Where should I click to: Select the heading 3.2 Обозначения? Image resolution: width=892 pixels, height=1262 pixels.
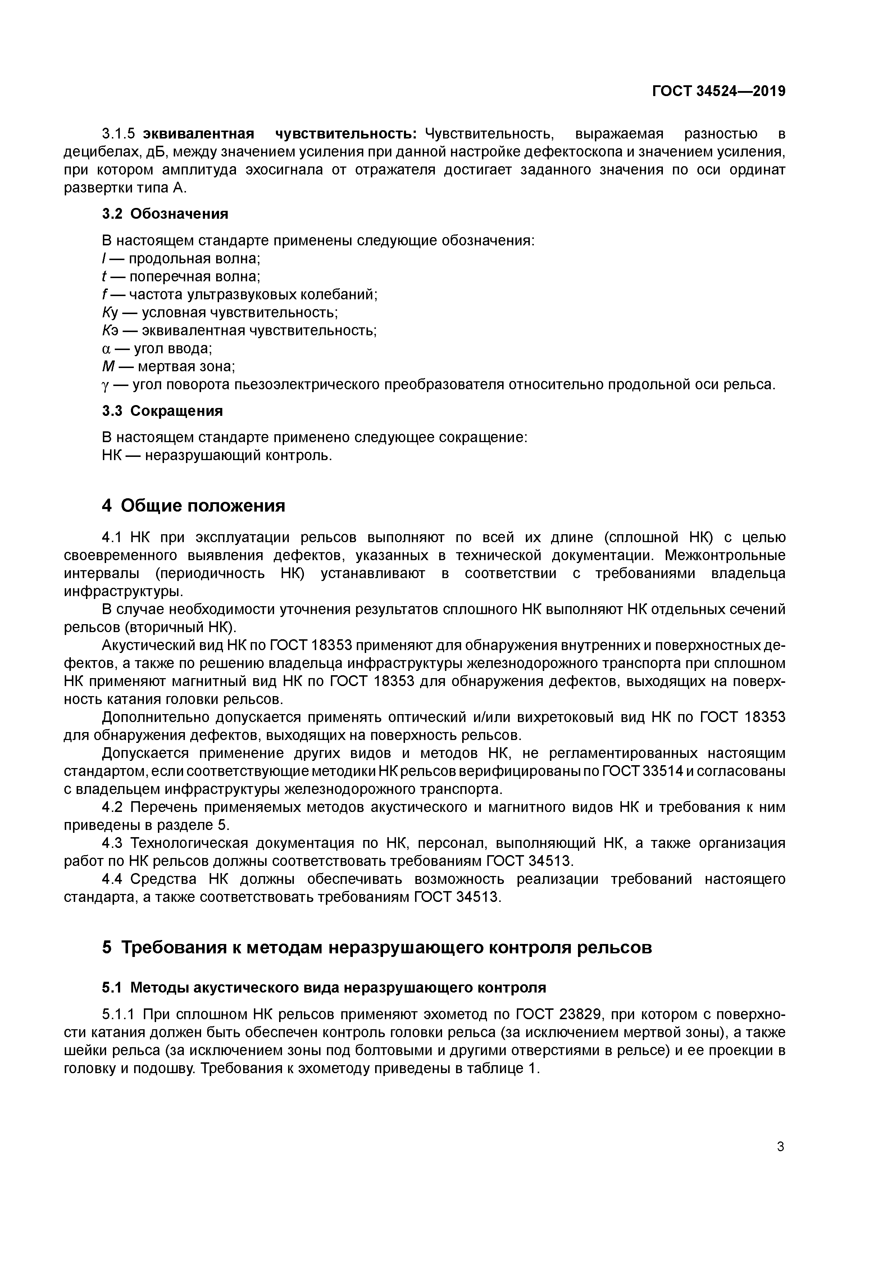click(x=165, y=213)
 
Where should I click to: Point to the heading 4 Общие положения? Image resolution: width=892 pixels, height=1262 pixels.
click(x=194, y=505)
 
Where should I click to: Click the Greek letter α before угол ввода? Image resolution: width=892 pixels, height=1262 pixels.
click(x=106, y=349)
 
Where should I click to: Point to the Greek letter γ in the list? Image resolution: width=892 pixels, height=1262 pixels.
click(x=106, y=385)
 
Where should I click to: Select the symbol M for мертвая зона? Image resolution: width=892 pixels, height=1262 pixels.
click(x=108, y=367)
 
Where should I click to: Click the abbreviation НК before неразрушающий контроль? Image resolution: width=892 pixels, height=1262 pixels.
click(x=114, y=456)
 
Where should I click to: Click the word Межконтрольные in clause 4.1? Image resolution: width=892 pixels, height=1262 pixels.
click(x=725, y=555)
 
